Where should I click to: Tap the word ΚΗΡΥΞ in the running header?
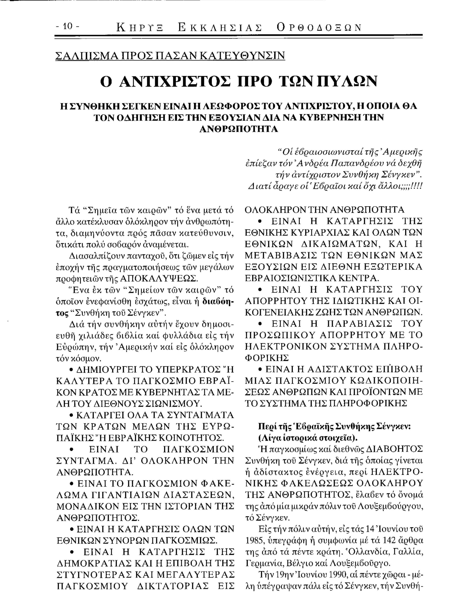[x=140, y=28]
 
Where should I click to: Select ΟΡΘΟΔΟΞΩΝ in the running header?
[x=319, y=28]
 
